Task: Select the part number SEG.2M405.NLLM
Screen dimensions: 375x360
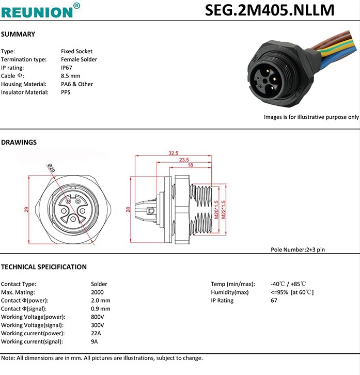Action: pyautogui.click(x=269, y=10)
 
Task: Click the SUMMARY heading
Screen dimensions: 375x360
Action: pyautogui.click(x=18, y=35)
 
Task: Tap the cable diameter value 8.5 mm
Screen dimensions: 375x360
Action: pyautogui.click(x=71, y=76)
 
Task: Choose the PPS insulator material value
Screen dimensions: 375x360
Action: pyautogui.click(x=66, y=92)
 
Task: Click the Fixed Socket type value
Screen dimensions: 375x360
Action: pyautogui.click(x=76, y=51)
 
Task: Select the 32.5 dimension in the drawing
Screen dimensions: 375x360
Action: pyautogui.click(x=173, y=153)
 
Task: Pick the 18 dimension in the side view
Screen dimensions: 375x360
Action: pyautogui.click(x=190, y=165)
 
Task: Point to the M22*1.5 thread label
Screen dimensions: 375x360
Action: pyautogui.click(x=223, y=210)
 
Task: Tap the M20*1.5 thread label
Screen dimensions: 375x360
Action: pyautogui.click(x=217, y=210)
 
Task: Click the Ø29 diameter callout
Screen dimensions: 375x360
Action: pyautogui.click(x=52, y=167)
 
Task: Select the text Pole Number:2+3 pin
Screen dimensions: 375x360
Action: pyautogui.click(x=298, y=249)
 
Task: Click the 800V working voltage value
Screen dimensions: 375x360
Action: pyautogui.click(x=98, y=317)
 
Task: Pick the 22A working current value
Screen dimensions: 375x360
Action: pyautogui.click(x=96, y=334)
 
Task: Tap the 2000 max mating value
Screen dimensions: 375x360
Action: pyautogui.click(x=97, y=292)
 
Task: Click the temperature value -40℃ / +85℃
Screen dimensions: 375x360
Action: pyautogui.click(x=288, y=284)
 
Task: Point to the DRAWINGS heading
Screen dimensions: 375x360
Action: pyautogui.click(x=19, y=143)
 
